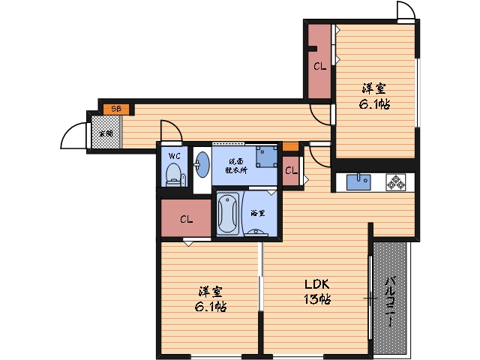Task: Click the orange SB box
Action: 116,109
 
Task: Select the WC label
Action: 174,156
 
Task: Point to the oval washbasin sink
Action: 202,164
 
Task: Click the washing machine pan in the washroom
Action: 267,157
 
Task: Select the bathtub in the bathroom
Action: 228,213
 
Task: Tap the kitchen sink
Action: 358,182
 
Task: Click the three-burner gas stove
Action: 396,182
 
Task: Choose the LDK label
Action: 316,284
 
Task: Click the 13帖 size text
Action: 317,298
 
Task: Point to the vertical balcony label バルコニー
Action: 389,301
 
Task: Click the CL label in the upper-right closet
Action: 320,66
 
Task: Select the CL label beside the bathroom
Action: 186,219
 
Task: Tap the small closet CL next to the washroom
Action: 291,170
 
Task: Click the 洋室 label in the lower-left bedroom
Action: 210,292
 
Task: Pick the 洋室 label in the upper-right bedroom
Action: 374,88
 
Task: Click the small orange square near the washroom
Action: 290,147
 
